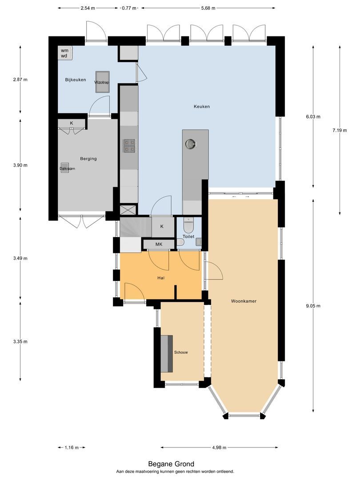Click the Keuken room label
click(201, 107)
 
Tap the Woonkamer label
click(244, 301)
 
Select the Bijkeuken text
click(76, 80)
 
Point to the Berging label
click(88, 159)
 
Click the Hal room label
click(161, 278)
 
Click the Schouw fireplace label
click(181, 352)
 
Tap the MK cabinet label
click(159, 245)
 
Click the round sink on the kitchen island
click(192, 144)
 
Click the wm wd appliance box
click(65, 53)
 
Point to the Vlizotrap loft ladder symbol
click(102, 82)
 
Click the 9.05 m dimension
click(313, 306)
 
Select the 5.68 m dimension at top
click(208, 8)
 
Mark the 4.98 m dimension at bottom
click(220, 448)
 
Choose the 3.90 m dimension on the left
click(20, 165)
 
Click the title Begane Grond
click(175, 464)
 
